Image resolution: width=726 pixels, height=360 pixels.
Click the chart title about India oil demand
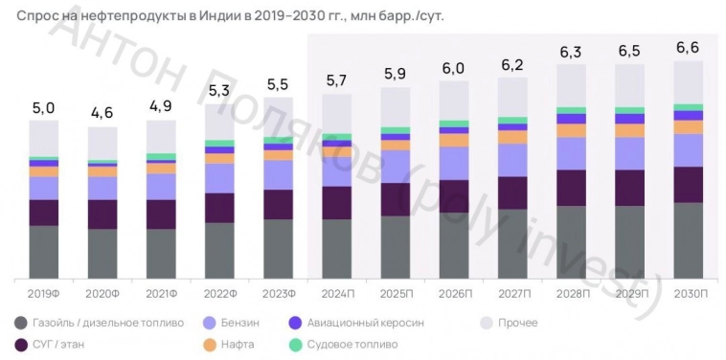[x=230, y=16]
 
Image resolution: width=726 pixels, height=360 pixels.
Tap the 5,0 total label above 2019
[x=43, y=108]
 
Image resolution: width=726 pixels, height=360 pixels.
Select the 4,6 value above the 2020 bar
[x=102, y=113]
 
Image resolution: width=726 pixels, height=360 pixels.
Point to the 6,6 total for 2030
[x=689, y=47]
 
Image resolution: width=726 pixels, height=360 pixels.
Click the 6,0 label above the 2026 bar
[x=454, y=69]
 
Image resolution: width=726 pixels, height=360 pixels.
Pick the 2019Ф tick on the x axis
[x=44, y=293]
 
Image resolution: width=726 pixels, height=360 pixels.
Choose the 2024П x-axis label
[x=337, y=293]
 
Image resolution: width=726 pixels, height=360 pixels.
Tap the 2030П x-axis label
[x=689, y=293]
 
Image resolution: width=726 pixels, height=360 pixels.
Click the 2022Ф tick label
[x=219, y=293]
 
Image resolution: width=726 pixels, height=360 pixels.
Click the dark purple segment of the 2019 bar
[x=43, y=213]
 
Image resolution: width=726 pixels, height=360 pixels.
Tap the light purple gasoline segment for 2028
[x=571, y=153]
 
